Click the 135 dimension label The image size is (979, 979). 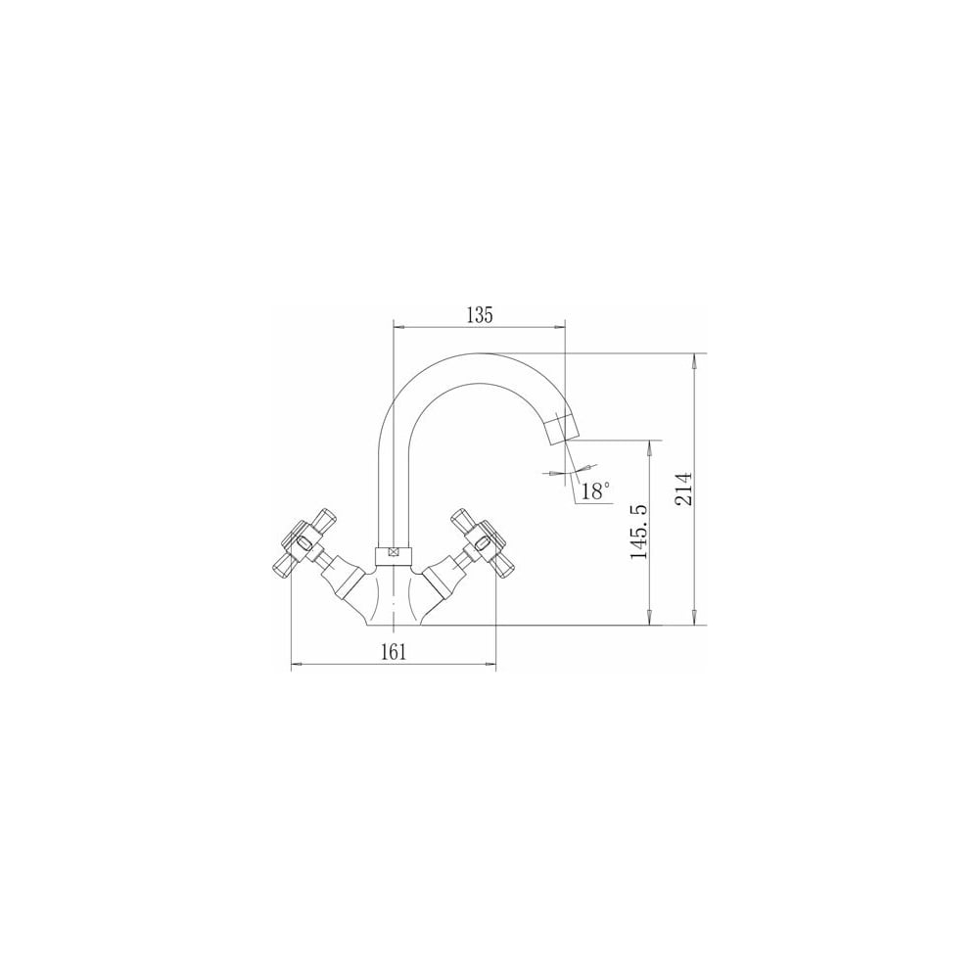[480, 315]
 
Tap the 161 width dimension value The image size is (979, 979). [394, 652]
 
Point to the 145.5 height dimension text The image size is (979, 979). [639, 532]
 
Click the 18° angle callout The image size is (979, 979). [594, 492]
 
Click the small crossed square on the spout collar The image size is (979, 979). [394, 553]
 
